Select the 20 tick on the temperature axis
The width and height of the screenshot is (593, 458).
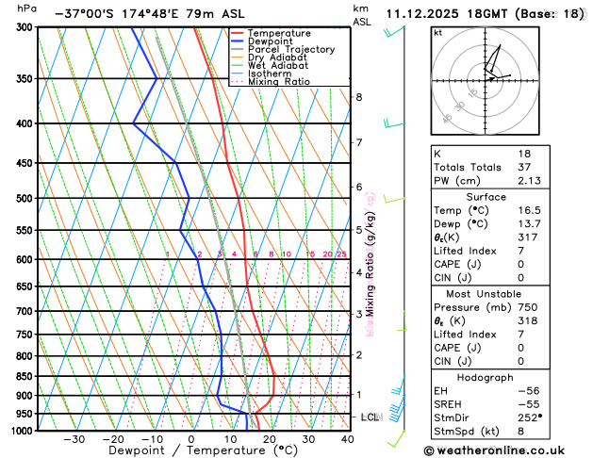coord(269,439)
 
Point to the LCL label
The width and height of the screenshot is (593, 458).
coord(371,417)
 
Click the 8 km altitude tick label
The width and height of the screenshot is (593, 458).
coord(358,97)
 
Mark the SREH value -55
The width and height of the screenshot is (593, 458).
coord(528,403)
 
